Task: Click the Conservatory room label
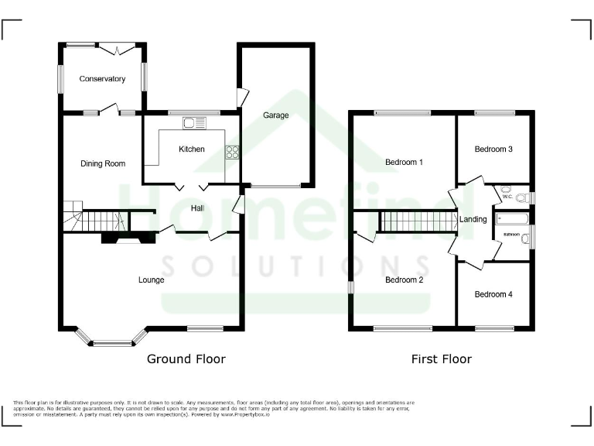pos(102,79)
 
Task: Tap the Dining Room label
pos(103,163)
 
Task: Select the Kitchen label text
pos(192,149)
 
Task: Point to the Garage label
pos(275,115)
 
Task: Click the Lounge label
pos(151,280)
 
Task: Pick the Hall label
pos(198,208)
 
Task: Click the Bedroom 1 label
pos(405,163)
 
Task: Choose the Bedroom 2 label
pos(405,280)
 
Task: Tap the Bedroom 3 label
pos(493,149)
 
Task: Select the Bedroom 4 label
pos(493,294)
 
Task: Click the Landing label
pos(473,219)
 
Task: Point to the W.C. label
pos(507,197)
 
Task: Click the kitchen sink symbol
pos(193,122)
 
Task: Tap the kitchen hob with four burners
pos(231,152)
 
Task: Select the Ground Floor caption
pos(186,359)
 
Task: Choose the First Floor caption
pos(441,359)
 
